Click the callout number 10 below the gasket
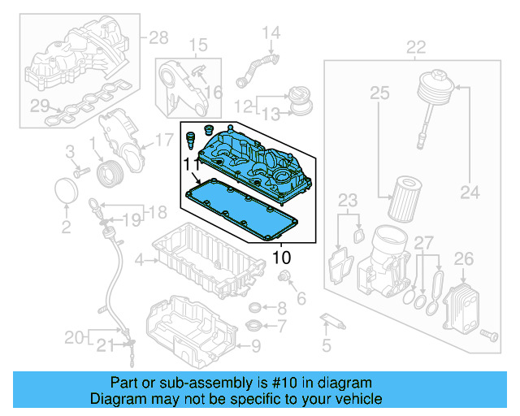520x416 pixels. tap(280, 258)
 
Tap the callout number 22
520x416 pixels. tap(415, 47)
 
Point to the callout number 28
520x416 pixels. tap(158, 37)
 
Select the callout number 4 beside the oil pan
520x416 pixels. tap(139, 260)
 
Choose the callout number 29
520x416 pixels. tap(36, 104)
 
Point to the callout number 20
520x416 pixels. tap(74, 336)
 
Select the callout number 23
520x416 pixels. tap(347, 200)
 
